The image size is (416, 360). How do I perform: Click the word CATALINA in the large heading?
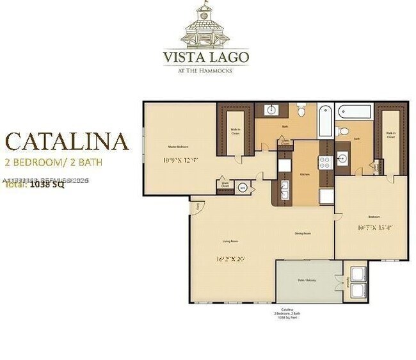(x=67, y=141)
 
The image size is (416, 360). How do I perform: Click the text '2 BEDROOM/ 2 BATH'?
(x=53, y=161)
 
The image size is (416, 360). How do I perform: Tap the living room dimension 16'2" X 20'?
(x=232, y=259)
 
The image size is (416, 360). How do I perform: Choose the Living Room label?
(x=230, y=241)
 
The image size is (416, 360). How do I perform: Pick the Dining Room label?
(x=302, y=233)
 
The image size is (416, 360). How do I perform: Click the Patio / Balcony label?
(x=308, y=280)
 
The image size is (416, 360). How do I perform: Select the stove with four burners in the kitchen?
(x=324, y=161)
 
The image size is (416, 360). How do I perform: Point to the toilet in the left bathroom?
(x=301, y=111)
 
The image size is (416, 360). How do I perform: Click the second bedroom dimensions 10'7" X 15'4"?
(x=375, y=227)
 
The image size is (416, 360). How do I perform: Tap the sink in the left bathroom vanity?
(x=270, y=109)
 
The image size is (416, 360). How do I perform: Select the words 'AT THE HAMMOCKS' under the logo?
(x=205, y=70)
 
